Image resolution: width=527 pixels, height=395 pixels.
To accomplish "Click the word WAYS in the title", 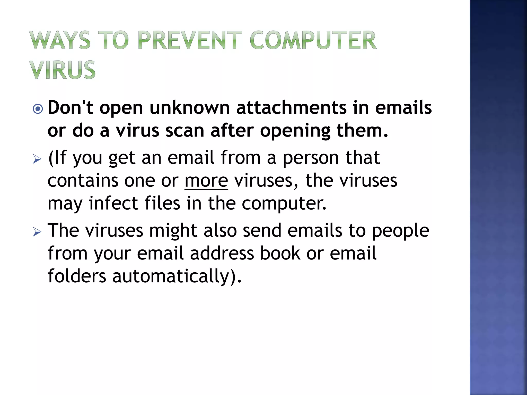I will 60,40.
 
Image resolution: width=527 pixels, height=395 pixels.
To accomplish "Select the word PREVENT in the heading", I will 190,40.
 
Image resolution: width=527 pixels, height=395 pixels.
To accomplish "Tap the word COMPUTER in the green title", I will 313,40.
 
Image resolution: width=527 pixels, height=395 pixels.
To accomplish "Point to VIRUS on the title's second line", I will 62,70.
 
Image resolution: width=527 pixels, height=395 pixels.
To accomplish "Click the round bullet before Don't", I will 38,109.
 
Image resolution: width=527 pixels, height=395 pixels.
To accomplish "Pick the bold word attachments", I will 291,108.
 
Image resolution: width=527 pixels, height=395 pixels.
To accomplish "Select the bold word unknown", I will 190,108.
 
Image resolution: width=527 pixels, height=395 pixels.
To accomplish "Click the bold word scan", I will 185,131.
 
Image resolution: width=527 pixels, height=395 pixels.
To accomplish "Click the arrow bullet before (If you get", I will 37,159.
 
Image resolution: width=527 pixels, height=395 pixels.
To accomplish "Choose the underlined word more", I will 206,181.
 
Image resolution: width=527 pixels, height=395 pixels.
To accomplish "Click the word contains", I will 83,181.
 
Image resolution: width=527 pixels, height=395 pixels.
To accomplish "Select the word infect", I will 113,203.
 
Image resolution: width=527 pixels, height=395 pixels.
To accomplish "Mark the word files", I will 162,203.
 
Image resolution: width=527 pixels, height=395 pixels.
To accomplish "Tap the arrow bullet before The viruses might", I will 37,232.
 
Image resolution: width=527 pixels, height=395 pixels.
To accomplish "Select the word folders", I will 77,276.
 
